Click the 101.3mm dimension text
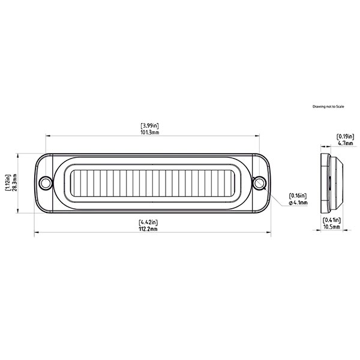pyautogui.click(x=150, y=133)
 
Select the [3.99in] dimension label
pyautogui.click(x=150, y=126)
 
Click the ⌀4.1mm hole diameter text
pyautogui.click(x=298, y=203)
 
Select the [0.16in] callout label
pyautogui.click(x=298, y=196)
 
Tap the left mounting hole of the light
pyautogui.click(x=44, y=182)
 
